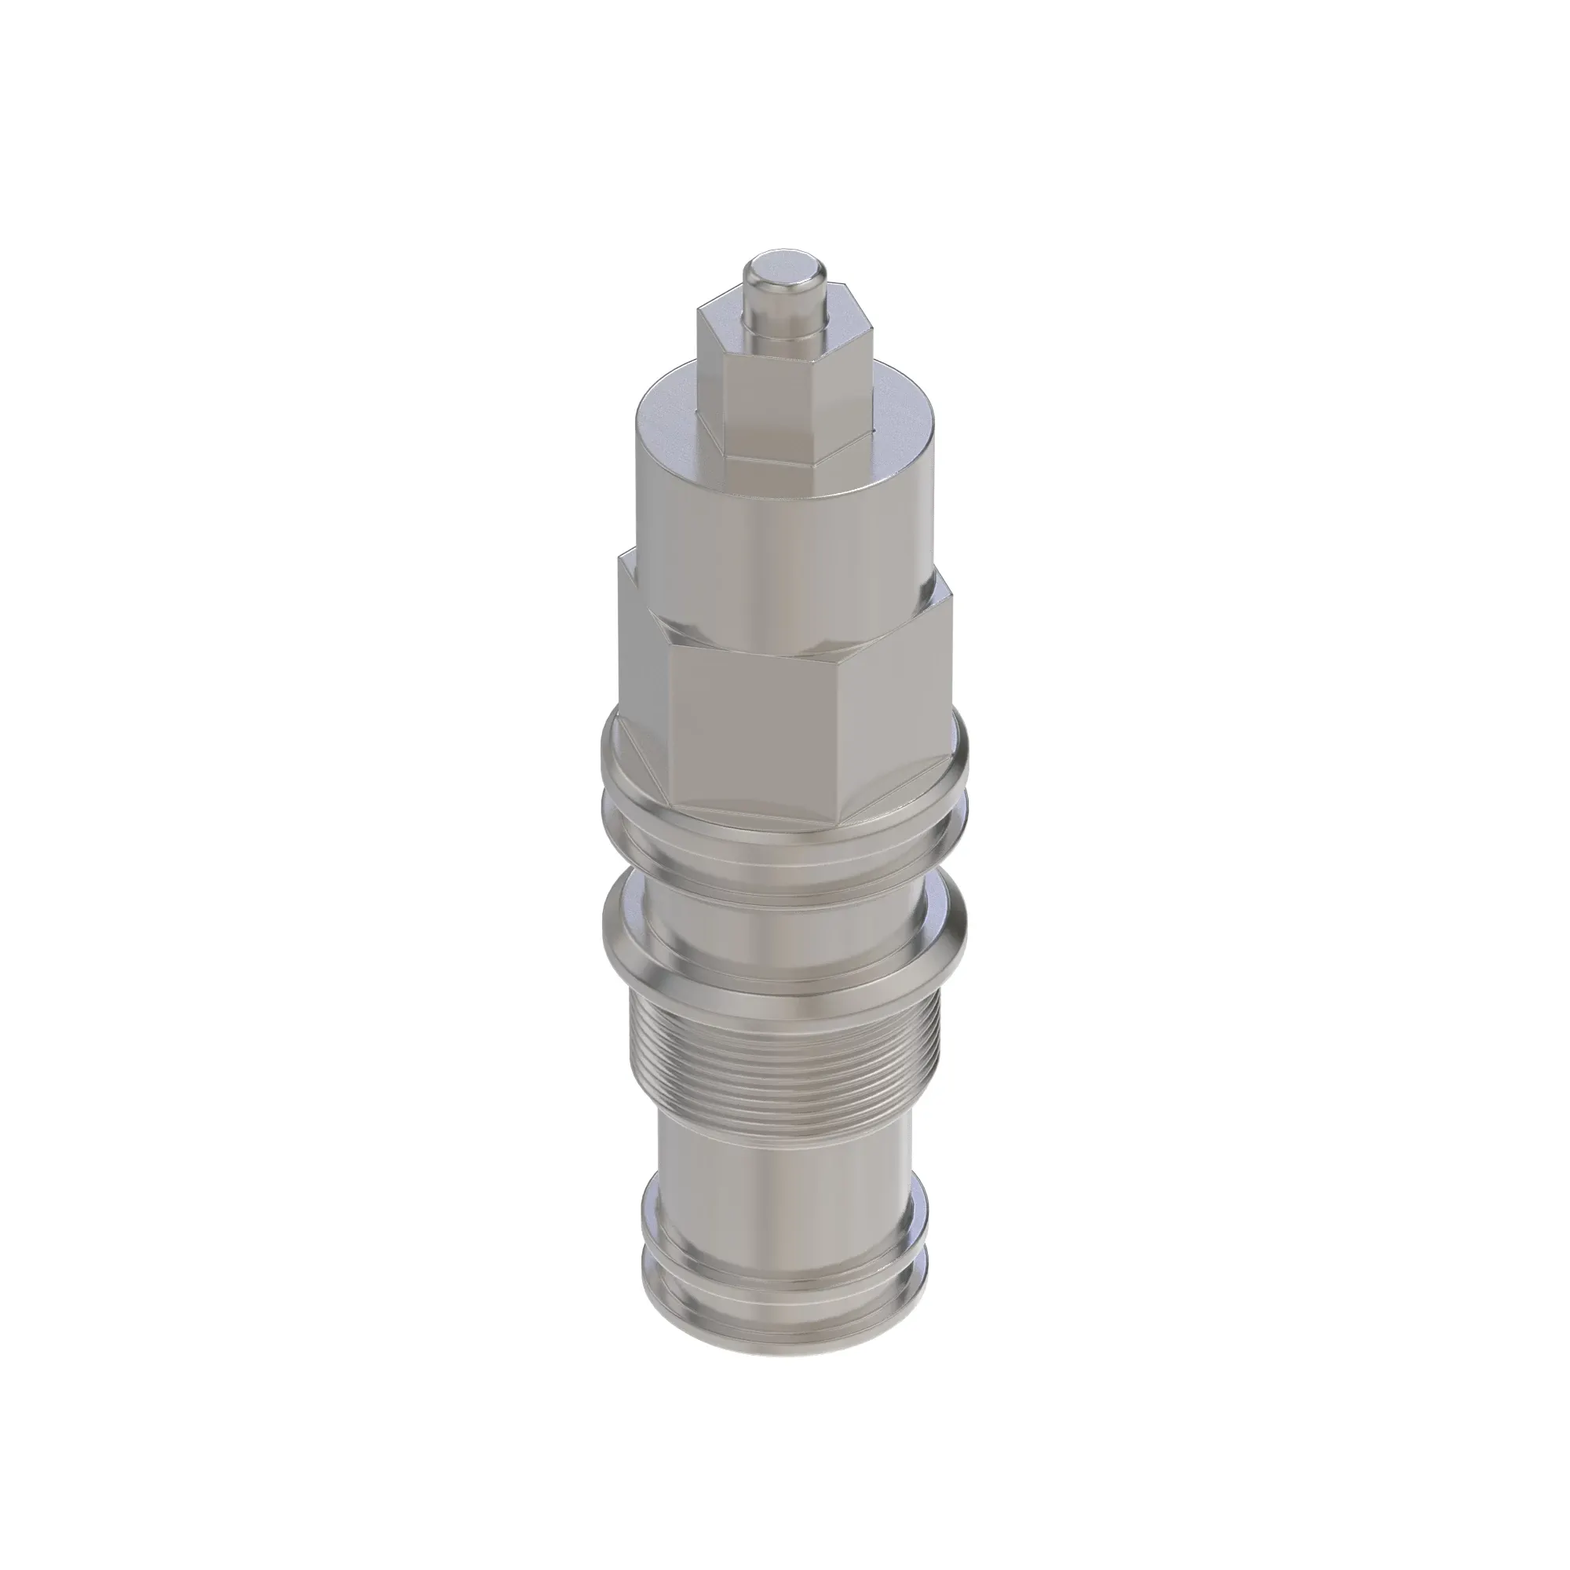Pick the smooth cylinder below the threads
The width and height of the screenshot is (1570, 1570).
click(x=784, y=1170)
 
